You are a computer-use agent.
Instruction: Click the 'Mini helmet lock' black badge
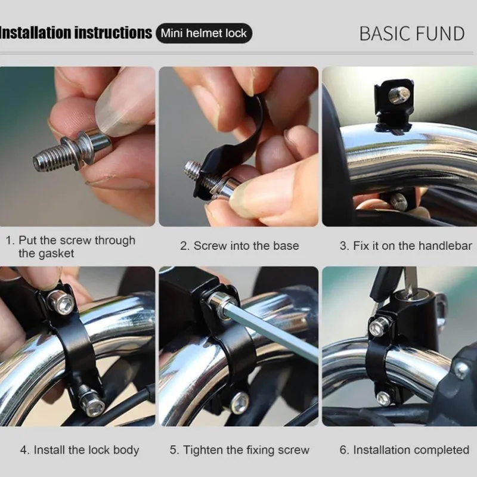click(204, 33)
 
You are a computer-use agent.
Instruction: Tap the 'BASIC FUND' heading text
click(412, 33)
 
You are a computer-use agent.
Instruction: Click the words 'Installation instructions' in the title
click(76, 33)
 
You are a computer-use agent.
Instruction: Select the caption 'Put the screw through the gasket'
click(70, 247)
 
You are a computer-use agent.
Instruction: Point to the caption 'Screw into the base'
click(240, 246)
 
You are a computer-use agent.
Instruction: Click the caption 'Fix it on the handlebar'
click(406, 246)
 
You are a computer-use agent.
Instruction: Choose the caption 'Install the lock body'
click(80, 450)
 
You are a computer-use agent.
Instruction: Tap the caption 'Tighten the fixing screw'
click(240, 450)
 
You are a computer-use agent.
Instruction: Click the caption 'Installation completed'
click(404, 450)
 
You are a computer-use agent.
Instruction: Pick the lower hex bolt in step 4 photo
click(92, 402)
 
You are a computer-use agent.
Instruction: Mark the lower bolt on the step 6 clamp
click(383, 399)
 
